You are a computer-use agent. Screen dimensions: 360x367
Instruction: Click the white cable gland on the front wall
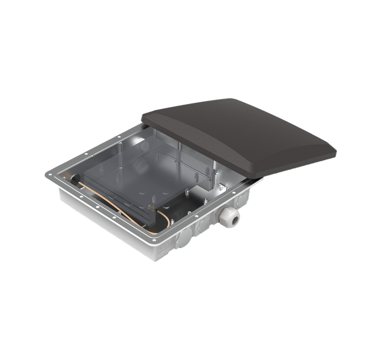pyautogui.click(x=232, y=217)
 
